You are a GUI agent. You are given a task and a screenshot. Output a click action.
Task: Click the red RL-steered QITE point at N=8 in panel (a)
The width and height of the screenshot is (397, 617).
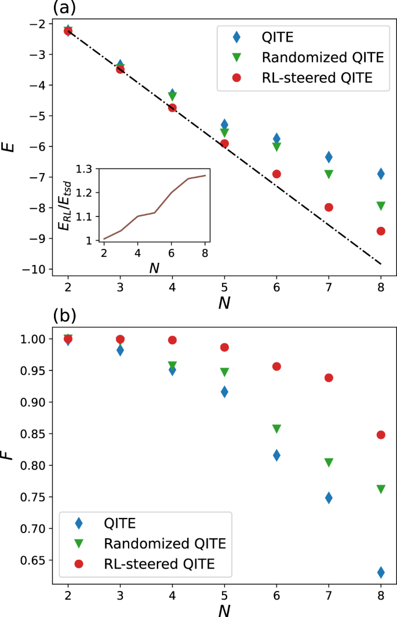381,231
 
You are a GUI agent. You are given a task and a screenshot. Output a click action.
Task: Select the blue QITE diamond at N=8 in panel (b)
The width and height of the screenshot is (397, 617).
381,572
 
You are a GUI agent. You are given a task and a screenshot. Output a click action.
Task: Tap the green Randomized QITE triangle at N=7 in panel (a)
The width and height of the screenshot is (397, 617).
329,174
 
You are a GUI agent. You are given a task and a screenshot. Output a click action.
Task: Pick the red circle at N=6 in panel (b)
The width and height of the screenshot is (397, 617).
276,366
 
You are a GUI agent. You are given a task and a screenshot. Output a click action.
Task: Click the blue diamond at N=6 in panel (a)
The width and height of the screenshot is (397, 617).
276,138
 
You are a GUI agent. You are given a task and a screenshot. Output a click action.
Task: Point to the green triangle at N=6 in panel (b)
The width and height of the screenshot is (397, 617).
276,429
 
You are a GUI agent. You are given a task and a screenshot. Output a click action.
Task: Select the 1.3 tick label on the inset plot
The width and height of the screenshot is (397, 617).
85,168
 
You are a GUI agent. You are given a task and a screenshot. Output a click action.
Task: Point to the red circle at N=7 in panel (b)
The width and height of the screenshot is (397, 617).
329,377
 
